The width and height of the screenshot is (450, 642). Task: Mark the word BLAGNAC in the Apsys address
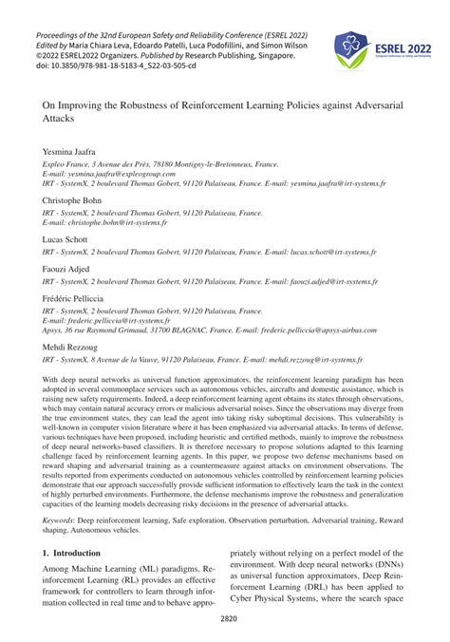[219, 331]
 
